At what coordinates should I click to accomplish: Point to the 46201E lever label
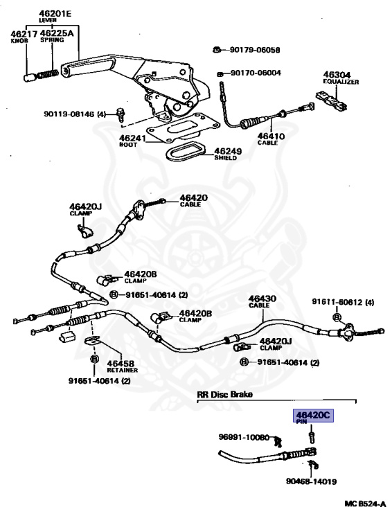click(x=45, y=13)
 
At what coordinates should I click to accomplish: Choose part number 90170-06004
click(x=255, y=73)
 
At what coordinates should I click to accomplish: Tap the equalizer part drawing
click(x=330, y=101)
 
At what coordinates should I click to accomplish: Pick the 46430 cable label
click(x=262, y=299)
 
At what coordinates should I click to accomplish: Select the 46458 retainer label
click(x=121, y=362)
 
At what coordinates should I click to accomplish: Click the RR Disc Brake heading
click(x=224, y=394)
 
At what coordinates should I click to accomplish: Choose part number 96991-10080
click(x=243, y=437)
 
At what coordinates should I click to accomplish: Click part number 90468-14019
click(x=311, y=481)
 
